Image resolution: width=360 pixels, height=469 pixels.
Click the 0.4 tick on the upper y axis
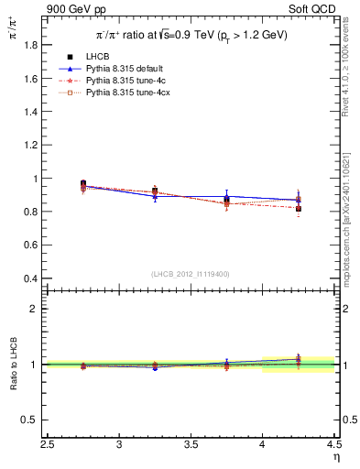(31, 278)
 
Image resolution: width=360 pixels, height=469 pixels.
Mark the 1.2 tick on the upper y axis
(31, 146)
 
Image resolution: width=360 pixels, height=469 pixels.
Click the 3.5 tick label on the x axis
(191, 445)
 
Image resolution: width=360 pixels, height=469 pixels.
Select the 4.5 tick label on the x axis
(333, 445)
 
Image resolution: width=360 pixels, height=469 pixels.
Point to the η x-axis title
(336, 457)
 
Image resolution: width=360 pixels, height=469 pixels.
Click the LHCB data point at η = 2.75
(83, 184)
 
